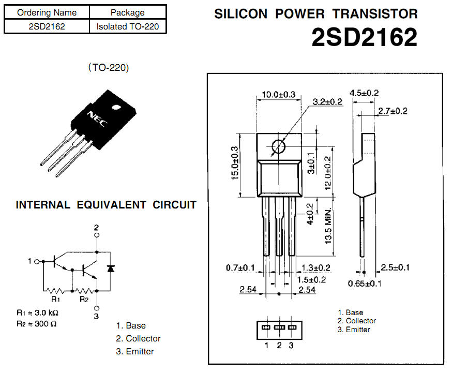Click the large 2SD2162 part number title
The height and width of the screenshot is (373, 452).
364,37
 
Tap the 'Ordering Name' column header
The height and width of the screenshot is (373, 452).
47,12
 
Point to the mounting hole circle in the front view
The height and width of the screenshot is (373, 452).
279,146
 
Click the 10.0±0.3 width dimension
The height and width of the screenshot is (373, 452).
278,94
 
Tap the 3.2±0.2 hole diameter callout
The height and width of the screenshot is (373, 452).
328,101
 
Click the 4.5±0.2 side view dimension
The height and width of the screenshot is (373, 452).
365,93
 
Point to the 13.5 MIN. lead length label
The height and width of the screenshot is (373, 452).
328,227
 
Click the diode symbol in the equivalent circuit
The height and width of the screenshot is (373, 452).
110,268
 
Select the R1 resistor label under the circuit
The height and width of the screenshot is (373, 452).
55,299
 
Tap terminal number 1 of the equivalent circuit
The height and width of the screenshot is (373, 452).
30,261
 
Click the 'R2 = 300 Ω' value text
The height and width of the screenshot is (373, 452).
36,324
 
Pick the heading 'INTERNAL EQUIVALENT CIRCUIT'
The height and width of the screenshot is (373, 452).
106,205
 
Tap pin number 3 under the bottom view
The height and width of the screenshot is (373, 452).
291,345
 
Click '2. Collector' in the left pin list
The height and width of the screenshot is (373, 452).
138,338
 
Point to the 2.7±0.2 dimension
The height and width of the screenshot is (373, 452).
393,111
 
